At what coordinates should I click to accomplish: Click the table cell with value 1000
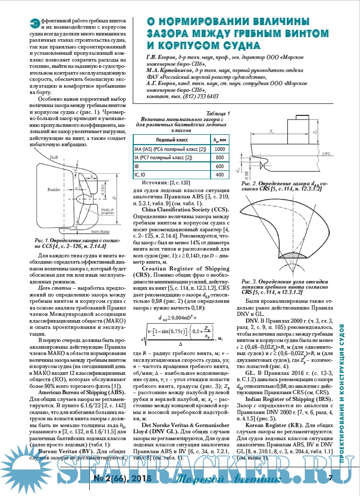[x=220, y=149]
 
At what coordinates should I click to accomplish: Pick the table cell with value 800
[x=220, y=157]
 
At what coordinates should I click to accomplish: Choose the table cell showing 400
[x=220, y=174]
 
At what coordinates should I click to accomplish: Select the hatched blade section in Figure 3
[x=291, y=259]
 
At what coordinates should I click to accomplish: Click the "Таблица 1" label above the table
[x=217, y=113]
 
